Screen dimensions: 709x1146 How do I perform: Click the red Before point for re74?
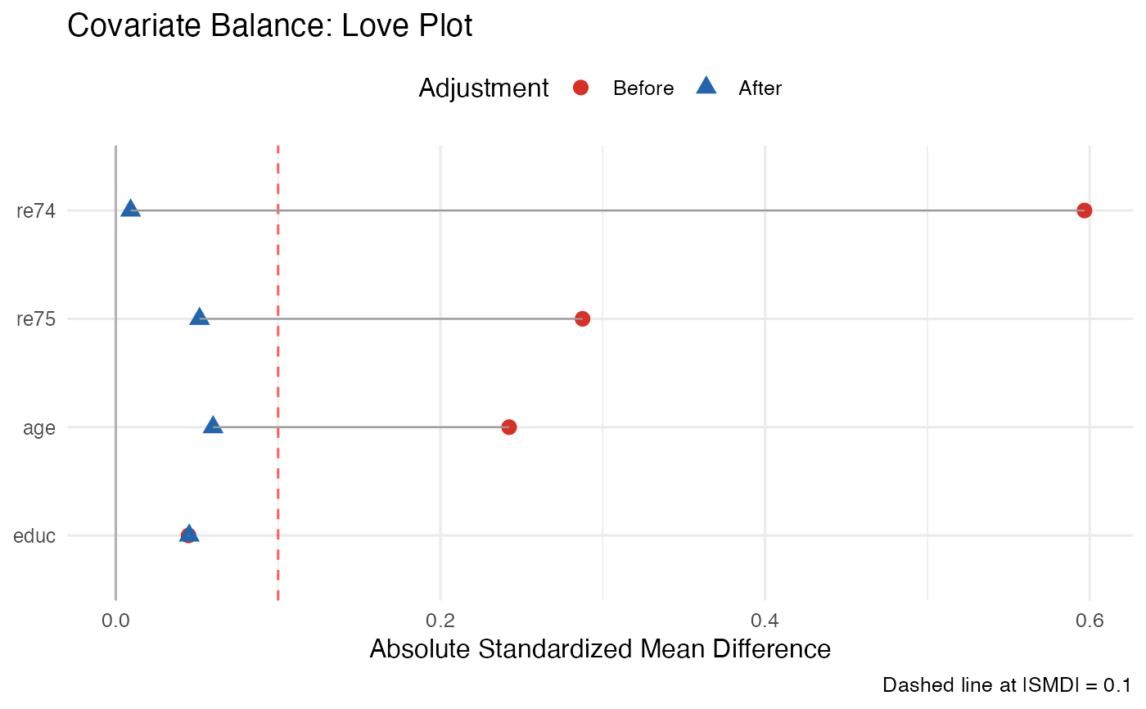click(x=1085, y=210)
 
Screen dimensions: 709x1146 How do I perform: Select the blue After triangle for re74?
click(x=130, y=209)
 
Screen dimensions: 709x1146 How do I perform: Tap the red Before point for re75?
click(x=582, y=318)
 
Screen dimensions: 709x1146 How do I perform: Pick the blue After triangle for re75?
click(x=199, y=317)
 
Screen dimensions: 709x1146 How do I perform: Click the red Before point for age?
click(x=508, y=427)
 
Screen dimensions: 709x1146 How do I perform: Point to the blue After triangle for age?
click(x=213, y=426)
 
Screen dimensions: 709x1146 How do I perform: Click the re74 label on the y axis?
click(x=36, y=211)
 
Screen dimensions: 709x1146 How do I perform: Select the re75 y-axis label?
click(x=36, y=319)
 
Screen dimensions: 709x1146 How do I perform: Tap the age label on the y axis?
click(x=41, y=428)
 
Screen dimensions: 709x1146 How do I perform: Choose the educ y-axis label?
click(x=34, y=536)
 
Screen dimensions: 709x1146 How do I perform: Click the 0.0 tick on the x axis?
click(x=115, y=620)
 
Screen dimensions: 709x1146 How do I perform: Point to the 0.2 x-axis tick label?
click(x=440, y=620)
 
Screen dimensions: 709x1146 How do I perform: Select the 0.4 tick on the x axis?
click(x=765, y=620)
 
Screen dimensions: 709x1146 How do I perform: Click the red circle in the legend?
click(x=581, y=88)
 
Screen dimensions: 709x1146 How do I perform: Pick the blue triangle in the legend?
click(x=706, y=86)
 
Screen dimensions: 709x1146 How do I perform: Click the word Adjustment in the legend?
click(x=483, y=88)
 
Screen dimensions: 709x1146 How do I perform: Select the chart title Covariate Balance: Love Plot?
click(x=270, y=26)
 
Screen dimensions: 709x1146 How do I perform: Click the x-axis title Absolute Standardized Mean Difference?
click(x=600, y=649)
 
